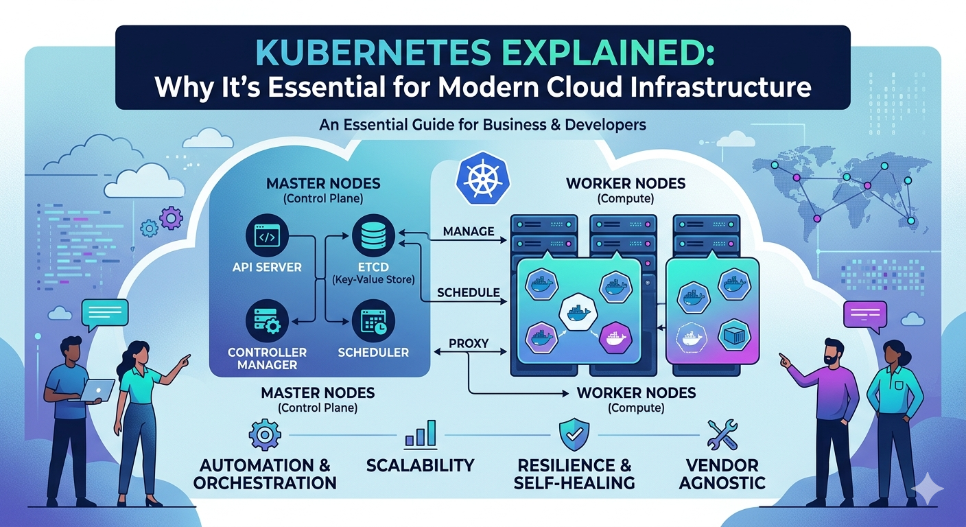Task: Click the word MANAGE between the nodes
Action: pyautogui.click(x=469, y=231)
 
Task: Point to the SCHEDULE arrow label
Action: pyautogui.click(x=469, y=292)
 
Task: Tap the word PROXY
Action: pyautogui.click(x=469, y=342)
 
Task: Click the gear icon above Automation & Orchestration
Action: pyautogui.click(x=262, y=435)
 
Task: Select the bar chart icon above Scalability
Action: pyautogui.click(x=420, y=435)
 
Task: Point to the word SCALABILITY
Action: pyautogui.click(x=420, y=465)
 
